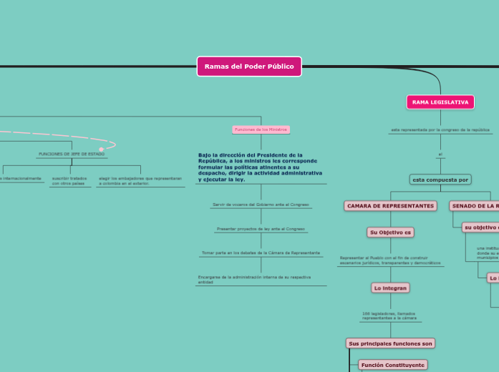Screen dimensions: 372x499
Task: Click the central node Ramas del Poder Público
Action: [x=249, y=67]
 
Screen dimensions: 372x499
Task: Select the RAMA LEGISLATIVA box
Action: [x=440, y=102]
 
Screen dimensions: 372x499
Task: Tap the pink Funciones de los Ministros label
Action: [x=261, y=129]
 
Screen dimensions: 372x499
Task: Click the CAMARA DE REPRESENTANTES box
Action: [x=390, y=206]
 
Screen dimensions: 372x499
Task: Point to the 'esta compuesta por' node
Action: [x=440, y=180]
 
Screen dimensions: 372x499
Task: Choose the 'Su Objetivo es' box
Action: [x=390, y=232]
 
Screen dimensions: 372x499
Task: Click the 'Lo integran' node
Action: [x=390, y=288]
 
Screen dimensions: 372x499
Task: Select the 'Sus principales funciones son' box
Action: [x=390, y=343]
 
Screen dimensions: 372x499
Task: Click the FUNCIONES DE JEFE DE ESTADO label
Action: [x=71, y=154]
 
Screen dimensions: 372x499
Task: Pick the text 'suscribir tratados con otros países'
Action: [x=69, y=180]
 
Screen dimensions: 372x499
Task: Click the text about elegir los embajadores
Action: [x=140, y=180]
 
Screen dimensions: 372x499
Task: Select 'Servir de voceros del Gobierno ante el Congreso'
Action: [x=261, y=205]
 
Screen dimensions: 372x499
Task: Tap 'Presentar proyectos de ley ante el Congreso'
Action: [x=261, y=229]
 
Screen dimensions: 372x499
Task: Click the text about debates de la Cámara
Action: [x=261, y=253]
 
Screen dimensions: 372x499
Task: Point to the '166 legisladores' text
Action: [x=389, y=315]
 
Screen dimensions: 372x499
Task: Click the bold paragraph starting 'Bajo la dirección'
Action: [x=260, y=167]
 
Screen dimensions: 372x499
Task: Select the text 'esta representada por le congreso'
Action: [x=440, y=130]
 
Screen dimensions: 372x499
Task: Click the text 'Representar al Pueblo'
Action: [x=390, y=260]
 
